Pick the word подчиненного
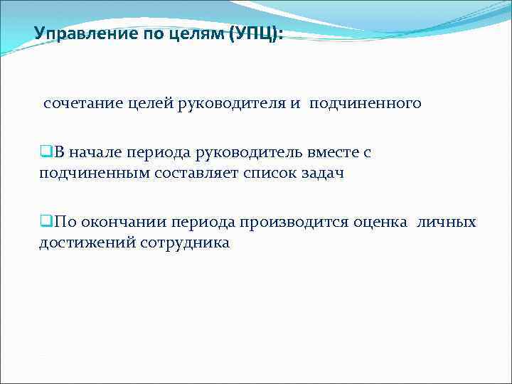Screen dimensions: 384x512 point(365,104)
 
